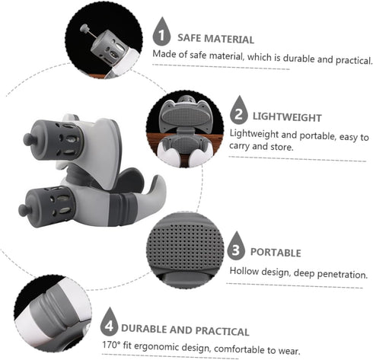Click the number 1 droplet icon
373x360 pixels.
[161, 32]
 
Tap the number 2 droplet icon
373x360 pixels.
[239, 110]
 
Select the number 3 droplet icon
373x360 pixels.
[236, 246]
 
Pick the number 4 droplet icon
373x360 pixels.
[109, 322]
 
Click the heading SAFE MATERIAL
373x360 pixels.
[215, 39]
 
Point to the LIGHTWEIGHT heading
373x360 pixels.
[287, 117]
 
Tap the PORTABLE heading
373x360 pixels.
[276, 253]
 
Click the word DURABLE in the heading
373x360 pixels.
[144, 329]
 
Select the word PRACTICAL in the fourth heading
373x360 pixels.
[222, 331]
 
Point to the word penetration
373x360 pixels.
[343, 275]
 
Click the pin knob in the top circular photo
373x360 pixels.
[84, 28]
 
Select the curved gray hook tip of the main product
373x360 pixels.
[158, 181]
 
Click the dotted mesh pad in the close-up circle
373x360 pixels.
[185, 245]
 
